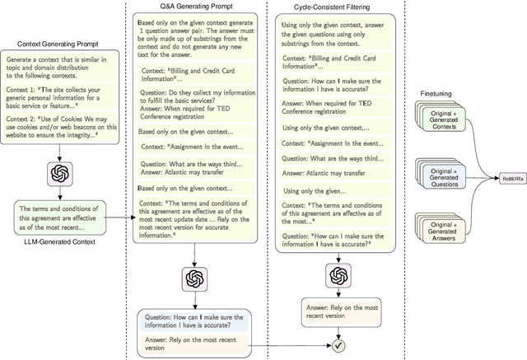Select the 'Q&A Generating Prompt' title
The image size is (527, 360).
pyautogui.click(x=194, y=6)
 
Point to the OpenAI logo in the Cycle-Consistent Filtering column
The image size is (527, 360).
pyautogui.click(x=336, y=274)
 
